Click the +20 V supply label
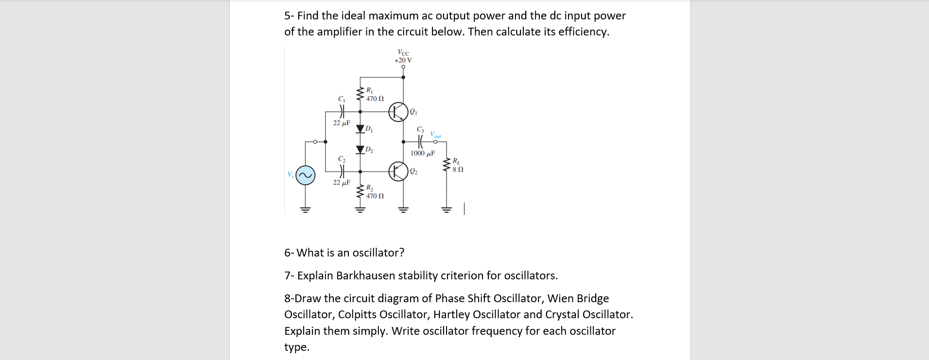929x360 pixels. coord(403,60)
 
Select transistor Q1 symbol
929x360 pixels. coord(398,112)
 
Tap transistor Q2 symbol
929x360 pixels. coord(398,171)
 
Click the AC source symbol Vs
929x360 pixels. coord(306,175)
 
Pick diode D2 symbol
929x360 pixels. coord(361,149)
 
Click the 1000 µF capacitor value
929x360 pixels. coord(422,154)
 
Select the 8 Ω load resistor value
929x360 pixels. coord(458,170)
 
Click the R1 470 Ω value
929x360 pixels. coord(375,99)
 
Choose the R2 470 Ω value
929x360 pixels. coord(375,196)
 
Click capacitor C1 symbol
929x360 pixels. coord(342,112)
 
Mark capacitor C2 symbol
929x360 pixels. coord(342,171)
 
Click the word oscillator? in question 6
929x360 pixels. coord(378,253)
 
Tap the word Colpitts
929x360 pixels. coord(357,314)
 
